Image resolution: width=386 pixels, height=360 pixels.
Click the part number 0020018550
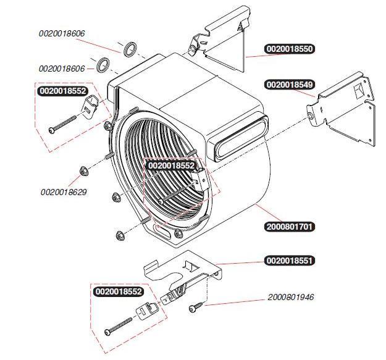[x=290, y=48]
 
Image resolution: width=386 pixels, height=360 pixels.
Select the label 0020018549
[x=290, y=84]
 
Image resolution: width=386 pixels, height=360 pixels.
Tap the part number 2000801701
[x=290, y=227]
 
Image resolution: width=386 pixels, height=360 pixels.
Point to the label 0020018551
[x=290, y=261]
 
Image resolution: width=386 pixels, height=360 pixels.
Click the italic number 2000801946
[x=291, y=297]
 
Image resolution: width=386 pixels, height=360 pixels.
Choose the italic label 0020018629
[x=64, y=192]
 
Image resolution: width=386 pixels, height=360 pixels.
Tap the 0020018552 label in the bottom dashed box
[x=118, y=291]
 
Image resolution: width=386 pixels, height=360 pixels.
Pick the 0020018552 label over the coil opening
[x=172, y=165]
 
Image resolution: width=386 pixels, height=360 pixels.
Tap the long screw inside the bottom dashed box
[x=120, y=325]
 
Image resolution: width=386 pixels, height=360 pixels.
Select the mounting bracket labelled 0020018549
[x=343, y=108]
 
